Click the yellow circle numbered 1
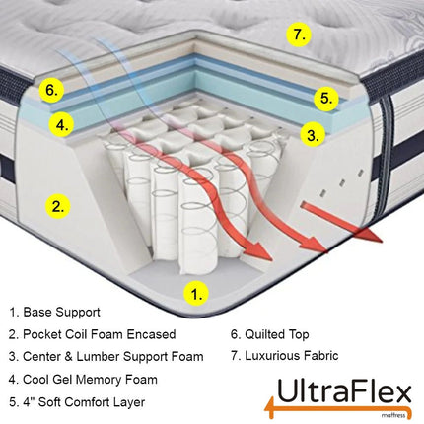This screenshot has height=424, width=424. click(198, 293)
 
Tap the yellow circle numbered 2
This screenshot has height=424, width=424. click(59, 207)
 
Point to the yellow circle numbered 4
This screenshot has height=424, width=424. click(62, 125)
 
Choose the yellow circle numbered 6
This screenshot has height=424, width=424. click(54, 90)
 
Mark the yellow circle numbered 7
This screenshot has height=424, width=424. click(302, 35)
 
